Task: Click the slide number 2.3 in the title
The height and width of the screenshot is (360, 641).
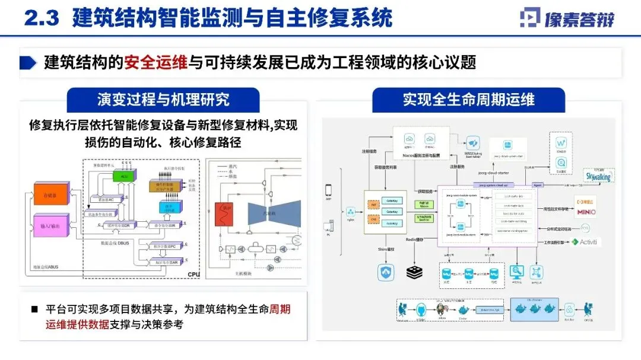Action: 41,18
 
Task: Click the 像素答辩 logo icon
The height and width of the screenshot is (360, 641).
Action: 531,18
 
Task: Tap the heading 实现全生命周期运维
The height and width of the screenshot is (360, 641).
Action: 468,98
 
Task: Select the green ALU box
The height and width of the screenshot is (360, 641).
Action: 123,176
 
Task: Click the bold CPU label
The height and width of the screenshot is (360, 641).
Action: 193,274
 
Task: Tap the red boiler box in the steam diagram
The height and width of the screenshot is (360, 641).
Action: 225,215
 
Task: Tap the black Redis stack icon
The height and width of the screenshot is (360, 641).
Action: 414,272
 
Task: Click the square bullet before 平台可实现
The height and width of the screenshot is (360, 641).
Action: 34,310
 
